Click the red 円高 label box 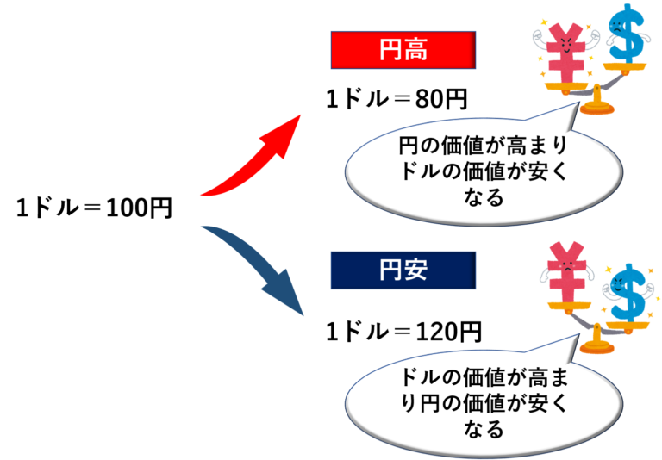point(403,50)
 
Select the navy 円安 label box point(403,270)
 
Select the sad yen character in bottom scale point(566,273)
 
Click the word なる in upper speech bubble point(484,197)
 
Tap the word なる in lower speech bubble point(484,429)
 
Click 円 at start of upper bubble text point(409,146)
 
